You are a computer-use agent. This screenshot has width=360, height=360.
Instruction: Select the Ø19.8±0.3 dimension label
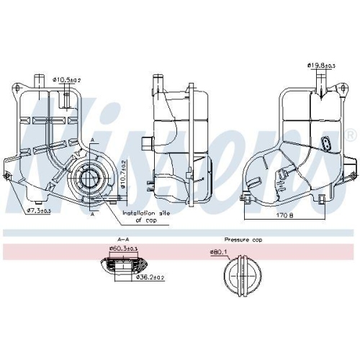pos(322,66)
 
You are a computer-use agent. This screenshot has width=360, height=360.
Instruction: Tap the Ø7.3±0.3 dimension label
pos(40,211)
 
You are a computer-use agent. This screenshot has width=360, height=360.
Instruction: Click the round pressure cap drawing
pos(240,274)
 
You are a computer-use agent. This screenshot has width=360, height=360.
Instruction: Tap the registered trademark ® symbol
pos(350,135)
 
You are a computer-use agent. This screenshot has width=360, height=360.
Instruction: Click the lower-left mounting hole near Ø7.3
pos(9,176)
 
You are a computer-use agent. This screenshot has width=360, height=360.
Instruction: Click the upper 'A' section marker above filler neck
pos(91,138)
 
